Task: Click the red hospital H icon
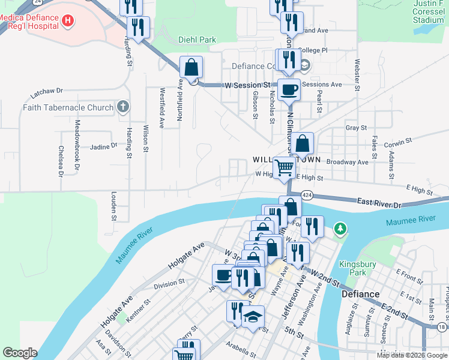click(68, 21)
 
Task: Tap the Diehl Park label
click(197, 40)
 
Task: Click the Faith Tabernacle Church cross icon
click(122, 107)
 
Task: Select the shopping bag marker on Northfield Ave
click(191, 68)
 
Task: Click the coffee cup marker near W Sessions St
click(289, 90)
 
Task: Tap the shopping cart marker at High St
click(284, 168)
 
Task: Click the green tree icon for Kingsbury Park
click(340, 229)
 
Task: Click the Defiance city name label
click(361, 294)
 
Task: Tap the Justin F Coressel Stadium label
click(429, 11)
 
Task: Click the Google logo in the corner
click(20, 353)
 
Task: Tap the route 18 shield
click(442, 327)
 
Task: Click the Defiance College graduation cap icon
click(305, 65)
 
